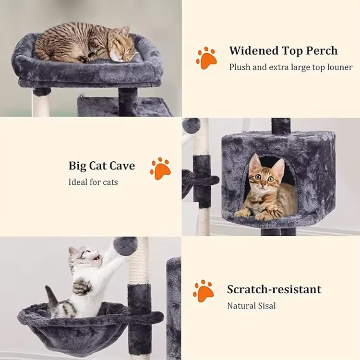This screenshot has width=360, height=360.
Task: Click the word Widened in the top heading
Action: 254,50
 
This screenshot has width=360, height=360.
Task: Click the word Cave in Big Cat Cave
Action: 122,166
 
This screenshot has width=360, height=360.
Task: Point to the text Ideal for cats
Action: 93,182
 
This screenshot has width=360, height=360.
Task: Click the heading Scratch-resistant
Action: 274,289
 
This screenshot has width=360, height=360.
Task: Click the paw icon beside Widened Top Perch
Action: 206,58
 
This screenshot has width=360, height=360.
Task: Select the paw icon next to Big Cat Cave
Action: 160,168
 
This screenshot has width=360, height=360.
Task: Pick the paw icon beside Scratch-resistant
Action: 203,291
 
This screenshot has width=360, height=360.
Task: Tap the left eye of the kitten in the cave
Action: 258,177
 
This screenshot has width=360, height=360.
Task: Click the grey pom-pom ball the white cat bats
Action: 126,246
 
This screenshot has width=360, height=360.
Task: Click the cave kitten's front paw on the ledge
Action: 242,214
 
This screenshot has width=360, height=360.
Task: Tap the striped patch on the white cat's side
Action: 82,286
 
